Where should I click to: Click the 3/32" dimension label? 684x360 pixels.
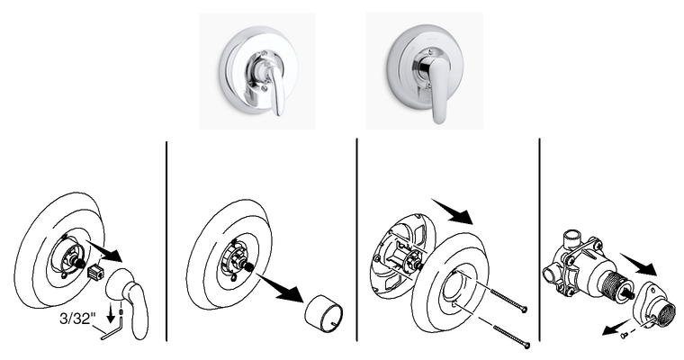click(x=77, y=319)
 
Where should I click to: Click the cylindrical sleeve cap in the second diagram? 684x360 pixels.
click(x=323, y=313)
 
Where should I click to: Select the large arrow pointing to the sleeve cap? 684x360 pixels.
click(x=281, y=288)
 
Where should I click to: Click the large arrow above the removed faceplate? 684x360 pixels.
click(x=453, y=211)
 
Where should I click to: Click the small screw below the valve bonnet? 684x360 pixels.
click(x=624, y=335)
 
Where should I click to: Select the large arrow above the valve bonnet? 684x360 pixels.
click(x=639, y=264)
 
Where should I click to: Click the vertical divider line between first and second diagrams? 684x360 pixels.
click(x=166, y=241)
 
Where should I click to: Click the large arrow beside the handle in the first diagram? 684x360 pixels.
click(x=104, y=250)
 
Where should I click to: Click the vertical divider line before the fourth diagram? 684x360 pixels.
click(x=540, y=239)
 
